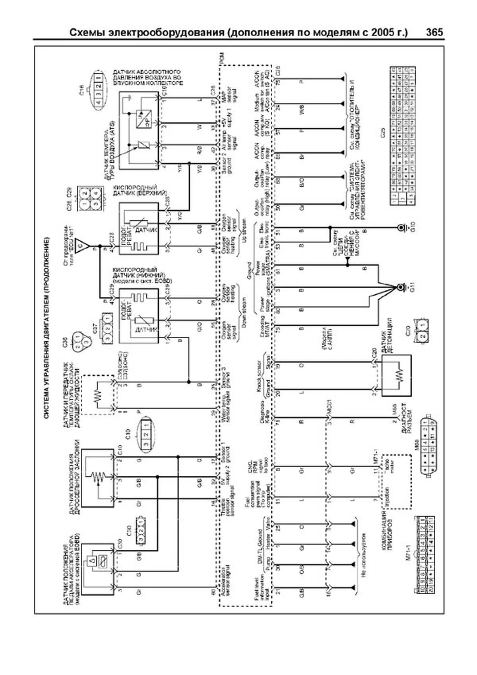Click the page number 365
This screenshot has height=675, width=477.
point(434,33)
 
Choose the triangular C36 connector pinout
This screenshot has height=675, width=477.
point(79,341)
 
